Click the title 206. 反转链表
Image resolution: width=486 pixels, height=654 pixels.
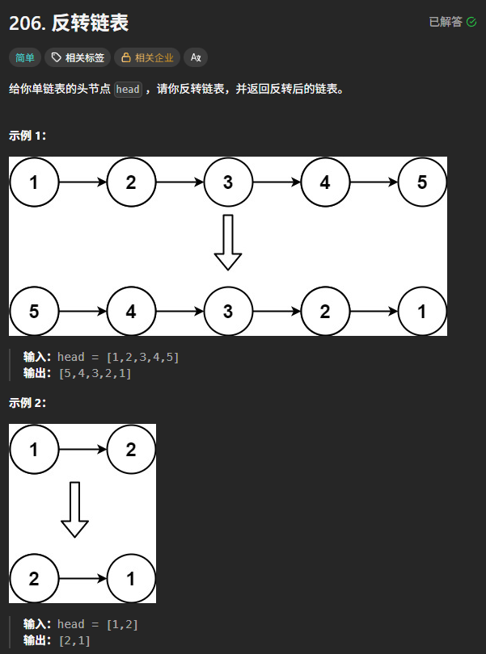tap(69, 23)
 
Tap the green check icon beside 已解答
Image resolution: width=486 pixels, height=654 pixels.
tap(472, 23)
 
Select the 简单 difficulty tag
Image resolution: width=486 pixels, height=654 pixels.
tap(25, 57)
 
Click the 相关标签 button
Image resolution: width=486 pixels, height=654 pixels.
tap(77, 57)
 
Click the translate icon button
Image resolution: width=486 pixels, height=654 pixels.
tap(196, 57)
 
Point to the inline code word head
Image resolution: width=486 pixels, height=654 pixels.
tap(128, 90)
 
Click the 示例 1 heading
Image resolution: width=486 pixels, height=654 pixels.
tap(27, 136)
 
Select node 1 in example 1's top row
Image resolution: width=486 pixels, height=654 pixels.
tap(34, 182)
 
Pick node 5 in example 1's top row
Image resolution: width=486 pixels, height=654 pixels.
tap(422, 182)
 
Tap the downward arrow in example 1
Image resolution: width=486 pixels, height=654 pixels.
tap(228, 242)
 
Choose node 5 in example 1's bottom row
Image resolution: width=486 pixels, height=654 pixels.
tap(34, 312)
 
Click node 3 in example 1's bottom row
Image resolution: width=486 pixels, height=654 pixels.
tap(228, 312)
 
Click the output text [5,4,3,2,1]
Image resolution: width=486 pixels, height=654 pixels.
tap(95, 373)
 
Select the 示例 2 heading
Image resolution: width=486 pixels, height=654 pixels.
tap(27, 403)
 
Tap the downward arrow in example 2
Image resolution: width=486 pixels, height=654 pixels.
tap(74, 509)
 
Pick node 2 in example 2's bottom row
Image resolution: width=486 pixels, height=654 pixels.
tap(34, 578)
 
